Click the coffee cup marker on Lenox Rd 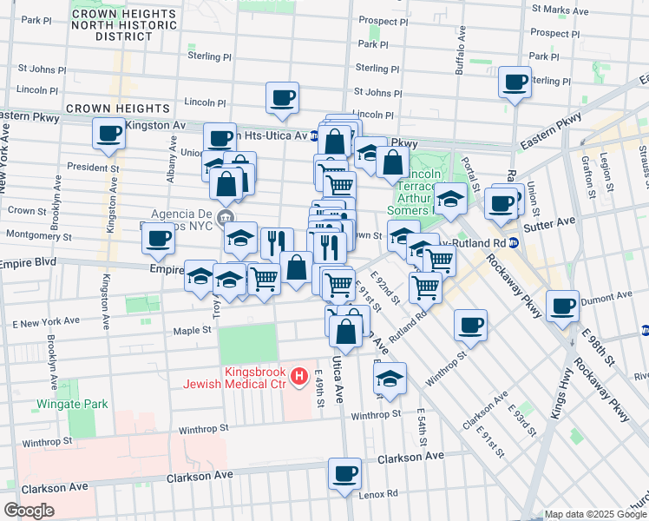tap(344, 475)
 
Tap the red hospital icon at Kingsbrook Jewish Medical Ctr tap(299, 376)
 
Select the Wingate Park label tap(72, 404)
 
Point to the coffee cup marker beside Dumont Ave tap(563, 306)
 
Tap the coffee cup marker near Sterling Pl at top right tap(515, 82)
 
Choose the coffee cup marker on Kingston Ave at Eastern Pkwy tap(109, 134)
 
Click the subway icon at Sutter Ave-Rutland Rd tap(514, 242)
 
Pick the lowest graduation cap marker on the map tap(390, 379)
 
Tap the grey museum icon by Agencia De tap(226, 216)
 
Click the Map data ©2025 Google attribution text tap(595, 514)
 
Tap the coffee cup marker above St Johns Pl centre tap(282, 98)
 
